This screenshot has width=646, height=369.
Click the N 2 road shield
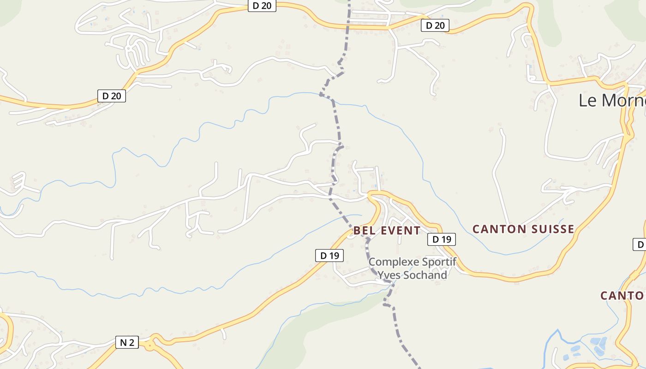point(127,342)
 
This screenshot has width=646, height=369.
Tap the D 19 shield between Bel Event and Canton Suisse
point(442,239)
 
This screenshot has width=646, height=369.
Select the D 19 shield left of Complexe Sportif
point(329,256)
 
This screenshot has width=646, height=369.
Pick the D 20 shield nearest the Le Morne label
point(435,25)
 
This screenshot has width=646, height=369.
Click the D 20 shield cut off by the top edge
point(262,6)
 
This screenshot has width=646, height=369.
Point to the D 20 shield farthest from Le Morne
point(112,96)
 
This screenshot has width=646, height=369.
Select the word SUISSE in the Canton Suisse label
point(552,229)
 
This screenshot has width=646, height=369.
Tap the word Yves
point(389,275)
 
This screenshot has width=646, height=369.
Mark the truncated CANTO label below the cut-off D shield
point(622,296)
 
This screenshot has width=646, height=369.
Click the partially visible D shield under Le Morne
point(639,244)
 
